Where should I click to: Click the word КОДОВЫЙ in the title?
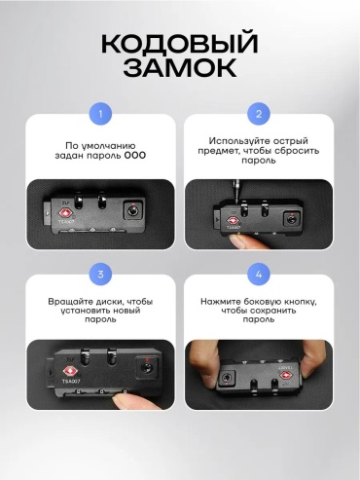(180, 43)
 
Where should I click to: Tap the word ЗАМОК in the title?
(180, 67)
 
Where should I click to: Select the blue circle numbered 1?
(100, 114)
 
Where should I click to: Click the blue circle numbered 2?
(259, 114)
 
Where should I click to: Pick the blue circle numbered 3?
(100, 275)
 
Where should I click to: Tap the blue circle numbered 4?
(259, 275)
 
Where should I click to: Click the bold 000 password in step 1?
(135, 156)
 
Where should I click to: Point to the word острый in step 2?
(290, 141)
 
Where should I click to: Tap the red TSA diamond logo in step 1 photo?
(65, 213)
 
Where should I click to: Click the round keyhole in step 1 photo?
(132, 211)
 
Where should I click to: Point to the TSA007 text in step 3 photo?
(71, 381)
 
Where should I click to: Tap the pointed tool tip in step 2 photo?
(236, 202)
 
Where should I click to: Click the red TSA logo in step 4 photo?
(285, 376)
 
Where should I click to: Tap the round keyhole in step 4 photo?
(226, 378)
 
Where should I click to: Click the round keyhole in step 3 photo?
(147, 368)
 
